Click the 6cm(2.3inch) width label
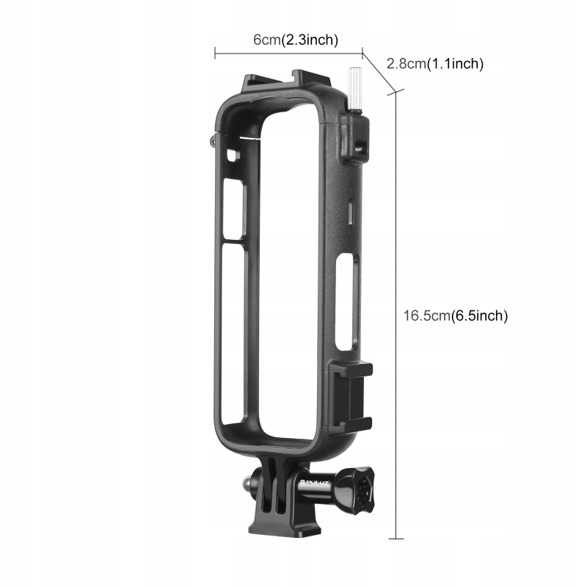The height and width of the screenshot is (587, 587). (296, 40)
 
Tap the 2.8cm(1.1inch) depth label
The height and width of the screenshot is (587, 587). (435, 64)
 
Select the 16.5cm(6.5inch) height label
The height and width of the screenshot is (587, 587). (455, 316)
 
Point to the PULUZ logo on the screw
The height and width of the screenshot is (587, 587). (316, 484)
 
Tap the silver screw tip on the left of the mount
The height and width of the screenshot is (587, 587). (247, 483)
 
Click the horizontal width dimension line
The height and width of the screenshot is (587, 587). (288, 53)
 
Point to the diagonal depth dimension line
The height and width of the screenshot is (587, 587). (379, 72)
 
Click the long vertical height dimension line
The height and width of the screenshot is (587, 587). (395, 316)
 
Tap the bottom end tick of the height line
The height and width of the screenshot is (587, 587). (396, 539)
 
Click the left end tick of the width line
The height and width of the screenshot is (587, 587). (215, 53)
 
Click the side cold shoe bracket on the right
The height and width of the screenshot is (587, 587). (351, 396)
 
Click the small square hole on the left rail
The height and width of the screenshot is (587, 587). (233, 156)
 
